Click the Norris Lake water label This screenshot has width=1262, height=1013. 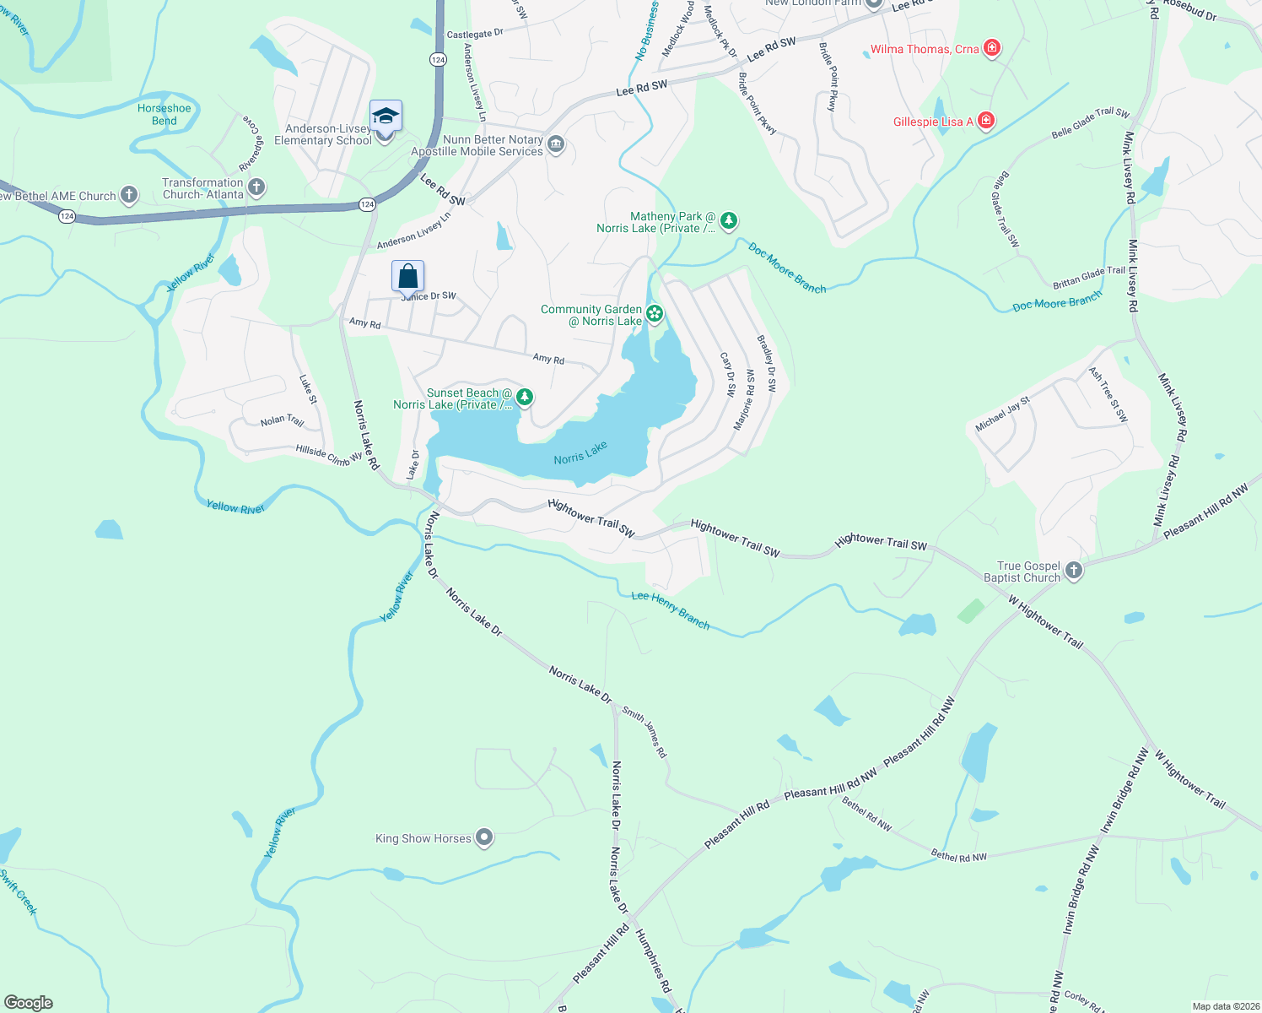point(580,453)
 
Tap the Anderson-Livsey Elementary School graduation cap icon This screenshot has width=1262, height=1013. point(386,116)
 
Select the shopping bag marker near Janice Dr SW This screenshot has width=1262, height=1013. point(407,276)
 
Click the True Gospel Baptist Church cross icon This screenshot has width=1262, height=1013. point(1073,571)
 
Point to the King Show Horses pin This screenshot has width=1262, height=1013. point(484,837)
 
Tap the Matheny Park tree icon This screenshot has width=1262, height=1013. point(729,221)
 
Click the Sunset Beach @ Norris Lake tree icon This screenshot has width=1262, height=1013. point(524,397)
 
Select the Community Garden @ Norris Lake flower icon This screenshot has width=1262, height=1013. point(655,315)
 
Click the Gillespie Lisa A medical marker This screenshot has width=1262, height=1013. point(985,122)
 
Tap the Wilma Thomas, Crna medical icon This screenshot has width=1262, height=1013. point(992,48)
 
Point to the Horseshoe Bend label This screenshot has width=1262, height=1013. point(164,114)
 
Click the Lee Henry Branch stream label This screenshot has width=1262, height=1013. point(671,609)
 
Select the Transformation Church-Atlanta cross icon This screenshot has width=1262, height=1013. point(256,187)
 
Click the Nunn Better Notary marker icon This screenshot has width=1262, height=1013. point(555,144)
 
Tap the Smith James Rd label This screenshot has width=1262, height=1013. point(644,731)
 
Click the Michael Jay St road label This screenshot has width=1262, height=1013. point(1002,414)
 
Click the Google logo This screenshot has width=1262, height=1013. point(29,1003)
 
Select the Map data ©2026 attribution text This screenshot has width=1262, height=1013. point(1222,1006)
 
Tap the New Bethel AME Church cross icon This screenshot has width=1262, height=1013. point(128,195)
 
